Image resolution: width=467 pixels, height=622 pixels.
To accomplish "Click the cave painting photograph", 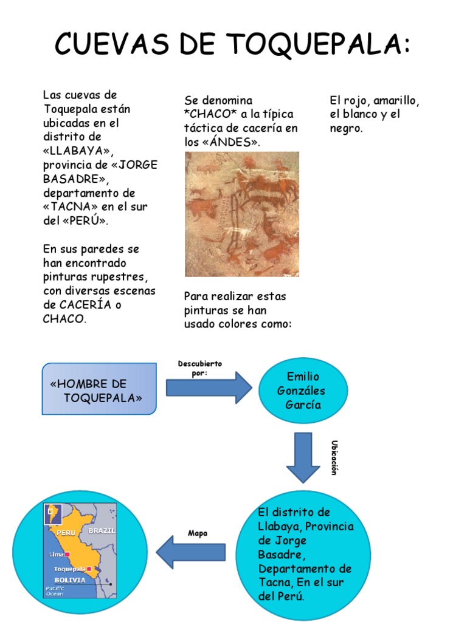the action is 242,214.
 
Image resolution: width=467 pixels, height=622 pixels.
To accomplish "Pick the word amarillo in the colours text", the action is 396,100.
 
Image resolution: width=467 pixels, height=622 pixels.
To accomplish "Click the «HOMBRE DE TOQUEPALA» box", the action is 99,389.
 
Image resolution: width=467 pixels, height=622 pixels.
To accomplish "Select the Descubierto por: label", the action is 200,368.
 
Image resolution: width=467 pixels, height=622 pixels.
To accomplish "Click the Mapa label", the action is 198,533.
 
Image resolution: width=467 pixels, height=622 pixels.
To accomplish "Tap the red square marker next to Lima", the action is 68,555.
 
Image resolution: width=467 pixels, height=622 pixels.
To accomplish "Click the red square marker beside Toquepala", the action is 89,569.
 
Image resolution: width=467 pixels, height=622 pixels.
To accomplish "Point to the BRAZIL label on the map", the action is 102,530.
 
